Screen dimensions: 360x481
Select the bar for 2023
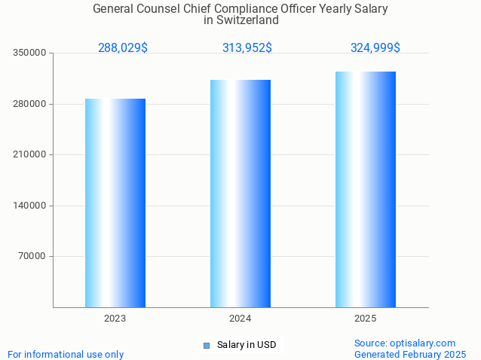[115, 203]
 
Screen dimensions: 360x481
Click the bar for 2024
[240, 194]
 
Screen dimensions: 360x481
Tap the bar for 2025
[366, 189]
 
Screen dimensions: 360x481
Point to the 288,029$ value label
[123, 47]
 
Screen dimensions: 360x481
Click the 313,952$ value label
[247, 47]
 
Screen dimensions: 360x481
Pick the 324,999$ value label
[375, 47]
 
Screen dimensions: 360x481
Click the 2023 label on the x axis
[115, 319]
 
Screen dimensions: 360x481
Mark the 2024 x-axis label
[240, 319]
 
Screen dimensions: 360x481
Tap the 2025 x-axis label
[366, 319]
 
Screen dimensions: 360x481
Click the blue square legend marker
[206, 346]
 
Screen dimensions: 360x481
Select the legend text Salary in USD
[247, 345]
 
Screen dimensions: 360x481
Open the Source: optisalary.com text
[405, 343]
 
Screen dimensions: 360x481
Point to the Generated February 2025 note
[410, 354]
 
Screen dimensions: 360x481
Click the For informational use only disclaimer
[66, 354]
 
